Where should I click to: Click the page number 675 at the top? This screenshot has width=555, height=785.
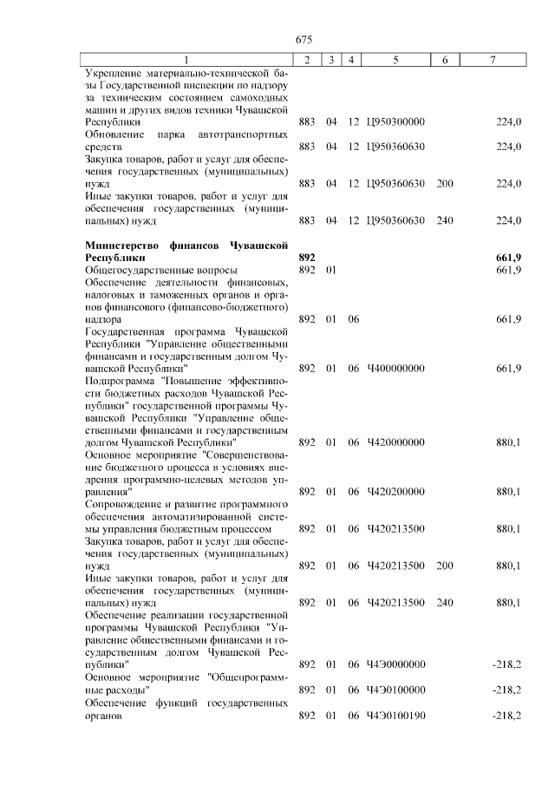(303, 40)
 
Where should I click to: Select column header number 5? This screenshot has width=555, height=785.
(395, 59)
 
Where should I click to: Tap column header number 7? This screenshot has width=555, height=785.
(493, 59)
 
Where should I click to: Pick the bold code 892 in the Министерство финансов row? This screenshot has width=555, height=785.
(306, 258)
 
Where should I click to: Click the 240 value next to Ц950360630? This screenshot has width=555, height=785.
(445, 220)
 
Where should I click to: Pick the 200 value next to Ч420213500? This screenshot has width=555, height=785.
(445, 566)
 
